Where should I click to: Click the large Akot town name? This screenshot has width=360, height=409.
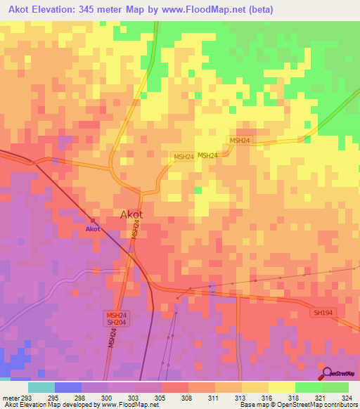coord(131,214)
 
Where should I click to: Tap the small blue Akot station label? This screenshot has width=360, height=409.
coord(93,229)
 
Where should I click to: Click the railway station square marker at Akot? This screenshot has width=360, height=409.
coord(93,221)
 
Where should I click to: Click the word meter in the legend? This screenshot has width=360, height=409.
coord(10,398)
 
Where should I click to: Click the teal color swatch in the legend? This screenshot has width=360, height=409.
coord(41,387)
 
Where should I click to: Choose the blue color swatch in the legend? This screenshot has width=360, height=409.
coord(68,387)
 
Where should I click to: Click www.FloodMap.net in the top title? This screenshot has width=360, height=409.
coord(204,10)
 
